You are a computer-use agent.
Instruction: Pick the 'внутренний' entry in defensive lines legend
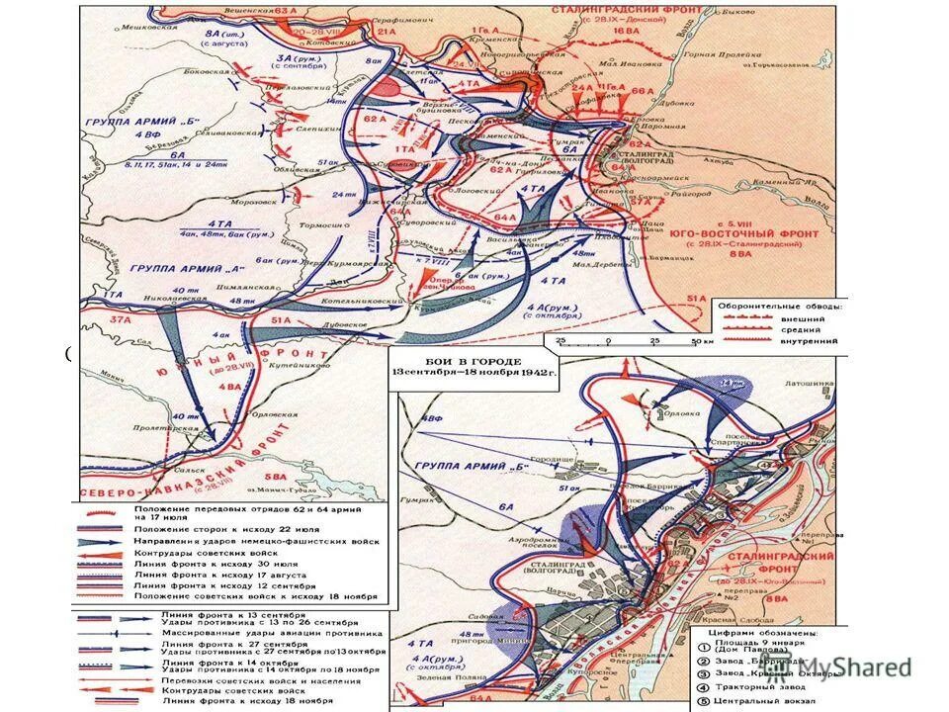[x=817, y=342]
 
